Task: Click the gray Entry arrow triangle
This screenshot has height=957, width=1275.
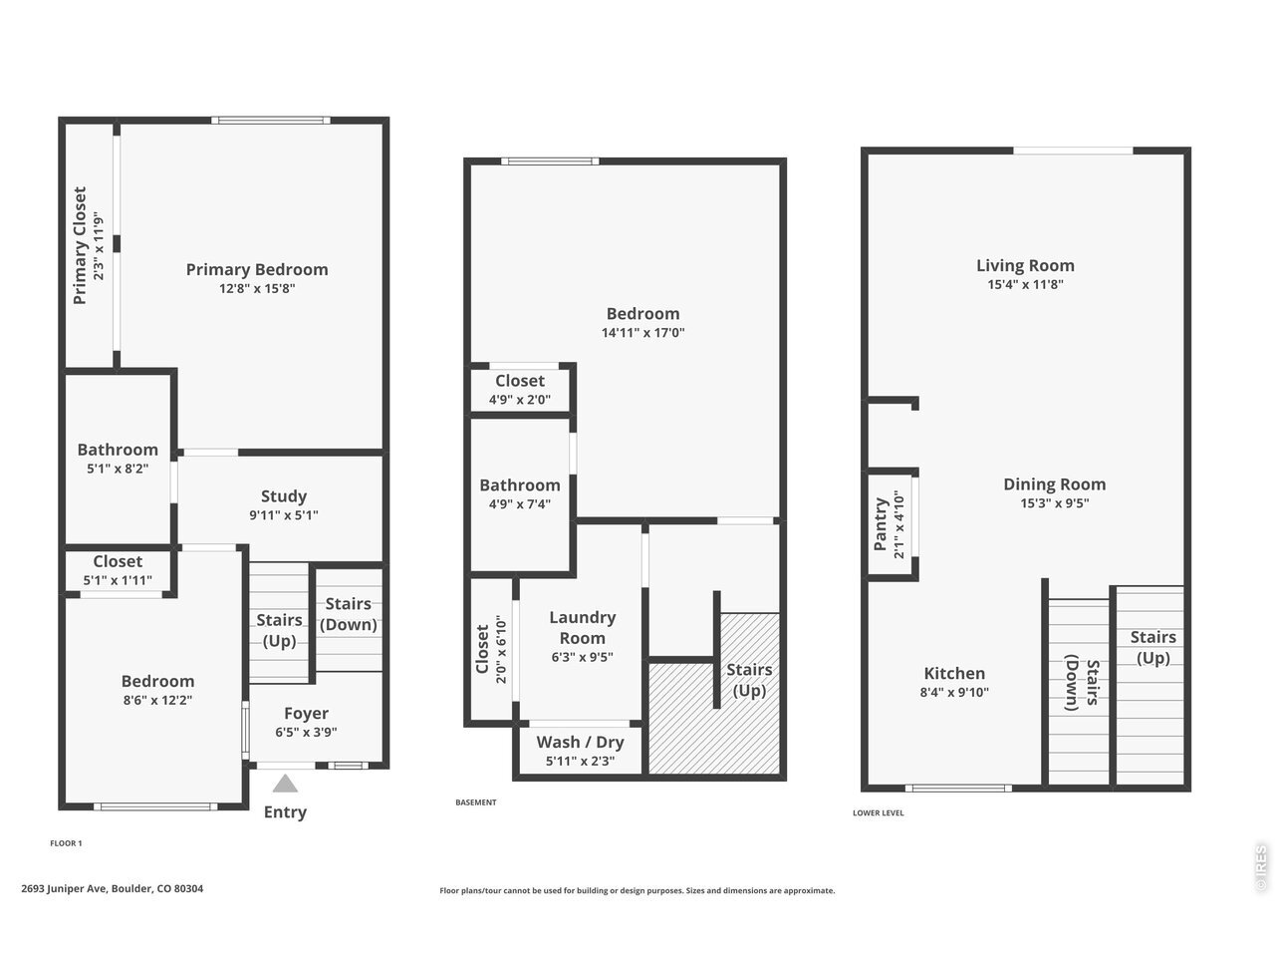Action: point(285,784)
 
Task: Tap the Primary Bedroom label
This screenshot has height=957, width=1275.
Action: point(257,269)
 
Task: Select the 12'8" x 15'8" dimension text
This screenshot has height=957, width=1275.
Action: point(257,288)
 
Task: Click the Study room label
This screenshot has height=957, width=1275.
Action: point(284,496)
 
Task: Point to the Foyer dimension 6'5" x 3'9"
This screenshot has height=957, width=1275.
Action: point(306,732)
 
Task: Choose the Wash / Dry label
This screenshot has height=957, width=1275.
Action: point(580,742)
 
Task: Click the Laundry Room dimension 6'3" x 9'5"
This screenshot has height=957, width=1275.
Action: point(582,657)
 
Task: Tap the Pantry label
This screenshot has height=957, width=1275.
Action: point(881,524)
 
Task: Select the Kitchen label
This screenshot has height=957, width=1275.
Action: point(954,674)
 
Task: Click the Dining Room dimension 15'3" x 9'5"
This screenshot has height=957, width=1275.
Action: point(1054,502)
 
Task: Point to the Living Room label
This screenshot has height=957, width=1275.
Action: point(1025,265)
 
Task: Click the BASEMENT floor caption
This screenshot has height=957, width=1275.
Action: point(476,802)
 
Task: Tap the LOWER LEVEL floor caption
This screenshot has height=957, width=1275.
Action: point(879,812)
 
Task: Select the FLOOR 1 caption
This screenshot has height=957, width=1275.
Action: point(66,843)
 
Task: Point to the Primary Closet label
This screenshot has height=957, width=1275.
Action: point(80,245)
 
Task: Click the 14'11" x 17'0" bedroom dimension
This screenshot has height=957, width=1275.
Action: point(643,332)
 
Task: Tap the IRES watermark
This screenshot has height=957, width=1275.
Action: point(1261,868)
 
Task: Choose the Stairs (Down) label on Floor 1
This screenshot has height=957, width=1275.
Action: point(348,614)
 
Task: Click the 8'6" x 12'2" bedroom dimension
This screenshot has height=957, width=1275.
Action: point(157,700)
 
